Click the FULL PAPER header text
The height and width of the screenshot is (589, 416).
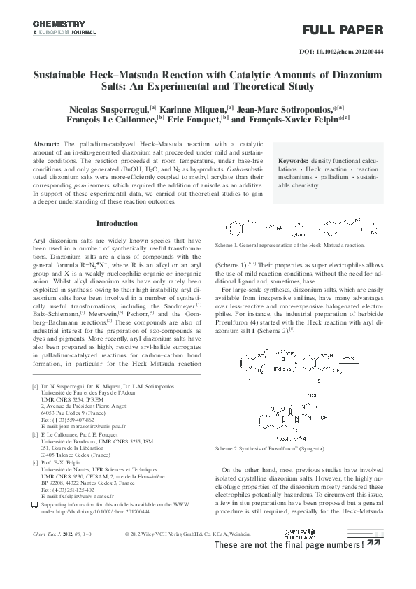pyautogui.click(x=343, y=29)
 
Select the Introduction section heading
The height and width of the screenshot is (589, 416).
pyautogui.click(x=117, y=224)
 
